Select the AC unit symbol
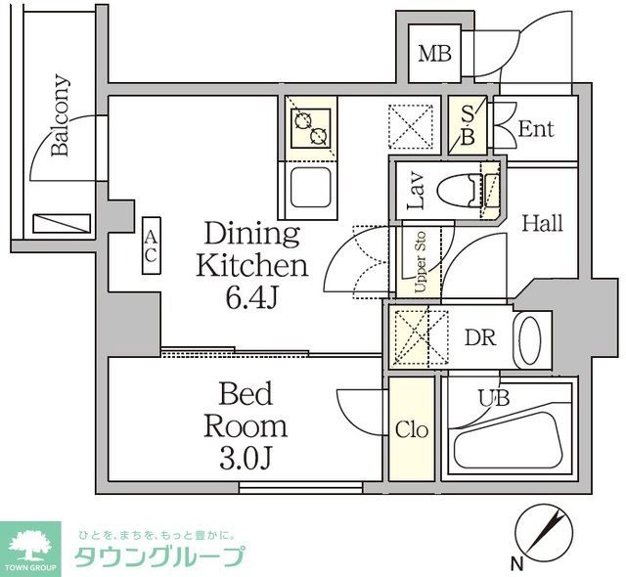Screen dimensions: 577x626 tap(152, 245)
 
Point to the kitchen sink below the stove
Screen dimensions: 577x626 tap(312, 186)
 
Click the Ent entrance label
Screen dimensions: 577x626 tap(535, 128)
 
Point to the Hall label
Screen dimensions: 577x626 tap(542, 223)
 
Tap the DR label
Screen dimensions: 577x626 tap(479, 337)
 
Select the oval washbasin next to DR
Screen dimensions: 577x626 tap(529, 339)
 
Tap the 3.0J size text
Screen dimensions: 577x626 tap(246, 458)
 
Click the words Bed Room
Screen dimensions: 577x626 tap(246, 411)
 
